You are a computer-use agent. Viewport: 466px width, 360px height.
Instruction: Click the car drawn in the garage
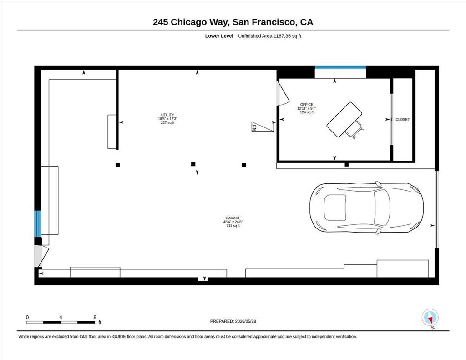point(366,208)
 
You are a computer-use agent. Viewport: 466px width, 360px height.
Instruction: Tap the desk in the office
point(344,120)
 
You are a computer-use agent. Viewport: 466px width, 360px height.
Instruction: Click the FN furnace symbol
point(263,127)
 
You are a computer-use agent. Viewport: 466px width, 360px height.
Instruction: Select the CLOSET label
point(402,120)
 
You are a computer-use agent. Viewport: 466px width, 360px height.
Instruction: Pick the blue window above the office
point(340,67)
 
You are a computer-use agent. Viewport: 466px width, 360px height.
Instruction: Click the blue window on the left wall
point(38,223)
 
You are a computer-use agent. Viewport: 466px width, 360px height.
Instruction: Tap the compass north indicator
point(430,318)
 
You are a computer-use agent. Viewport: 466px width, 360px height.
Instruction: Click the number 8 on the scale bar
point(95,317)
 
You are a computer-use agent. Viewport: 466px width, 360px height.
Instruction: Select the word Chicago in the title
point(188,22)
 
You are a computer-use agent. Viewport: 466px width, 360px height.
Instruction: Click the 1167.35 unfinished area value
point(283,36)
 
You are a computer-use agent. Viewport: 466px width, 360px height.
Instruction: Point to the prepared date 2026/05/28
point(245,321)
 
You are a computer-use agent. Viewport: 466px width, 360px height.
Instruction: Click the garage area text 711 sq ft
point(233,226)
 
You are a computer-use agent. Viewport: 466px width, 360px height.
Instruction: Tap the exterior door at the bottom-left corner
point(41,256)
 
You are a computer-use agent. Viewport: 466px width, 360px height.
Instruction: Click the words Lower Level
point(219,36)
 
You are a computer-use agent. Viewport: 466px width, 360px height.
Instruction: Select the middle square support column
point(193,164)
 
